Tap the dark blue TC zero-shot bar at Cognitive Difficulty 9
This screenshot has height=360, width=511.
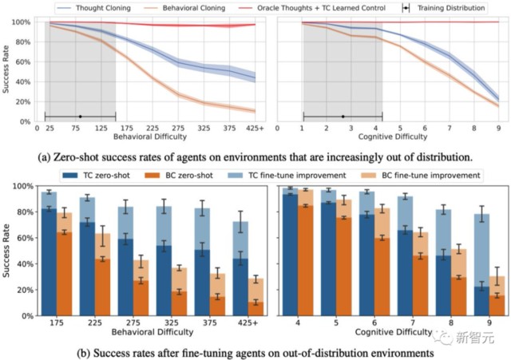(481, 299)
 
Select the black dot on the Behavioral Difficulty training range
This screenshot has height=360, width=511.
(80, 117)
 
